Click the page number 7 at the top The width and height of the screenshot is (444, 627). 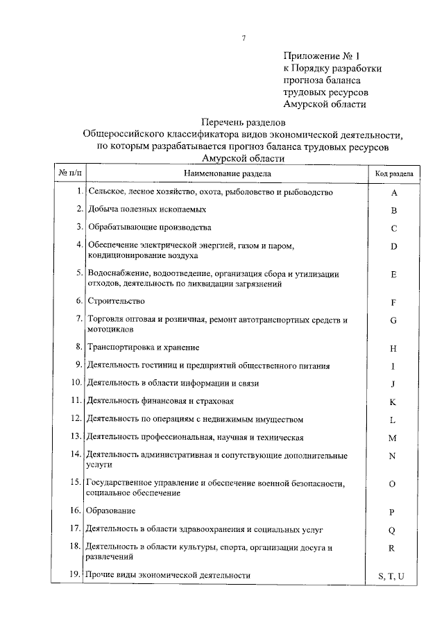click(x=244, y=38)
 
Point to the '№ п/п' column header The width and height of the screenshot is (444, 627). click(x=68, y=173)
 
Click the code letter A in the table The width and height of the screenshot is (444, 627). click(x=393, y=193)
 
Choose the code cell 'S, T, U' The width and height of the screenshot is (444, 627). click(x=392, y=576)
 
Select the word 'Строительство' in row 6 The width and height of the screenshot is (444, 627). click(x=115, y=301)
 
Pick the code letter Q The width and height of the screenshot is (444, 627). click(x=392, y=531)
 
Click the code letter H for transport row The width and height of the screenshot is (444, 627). click(x=393, y=349)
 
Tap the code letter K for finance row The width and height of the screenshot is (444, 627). click(x=393, y=402)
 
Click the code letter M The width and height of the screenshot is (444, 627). click(x=393, y=438)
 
